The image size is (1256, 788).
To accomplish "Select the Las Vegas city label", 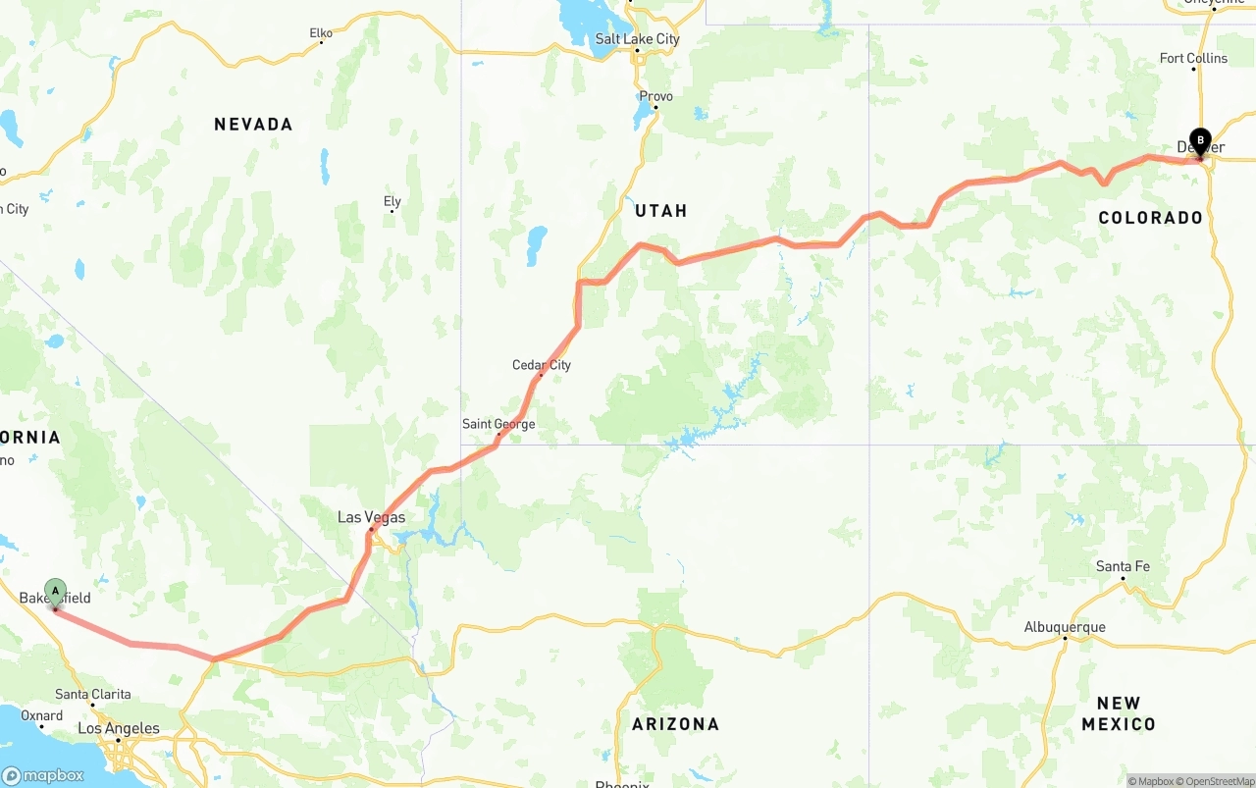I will (371, 517).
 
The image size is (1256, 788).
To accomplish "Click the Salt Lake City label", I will (637, 39).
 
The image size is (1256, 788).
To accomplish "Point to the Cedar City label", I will (541, 365).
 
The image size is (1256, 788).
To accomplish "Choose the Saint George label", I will (498, 424).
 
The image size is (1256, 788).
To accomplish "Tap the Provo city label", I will (655, 96).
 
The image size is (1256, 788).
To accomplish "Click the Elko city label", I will (321, 33).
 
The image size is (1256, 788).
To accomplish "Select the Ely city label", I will (392, 201).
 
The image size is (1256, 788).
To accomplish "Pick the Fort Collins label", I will (1193, 58).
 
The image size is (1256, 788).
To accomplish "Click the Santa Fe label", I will (1123, 566).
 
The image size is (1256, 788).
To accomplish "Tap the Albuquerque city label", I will (1065, 627).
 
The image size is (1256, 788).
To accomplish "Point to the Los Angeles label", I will (119, 728).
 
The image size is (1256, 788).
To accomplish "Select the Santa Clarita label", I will (93, 694).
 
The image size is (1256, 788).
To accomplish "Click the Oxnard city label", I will (41, 715).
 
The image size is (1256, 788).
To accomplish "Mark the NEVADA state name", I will (253, 124).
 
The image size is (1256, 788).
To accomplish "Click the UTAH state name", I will (660, 211).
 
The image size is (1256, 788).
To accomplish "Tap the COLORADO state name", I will (1150, 218).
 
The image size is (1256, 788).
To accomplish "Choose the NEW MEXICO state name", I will (1119, 713).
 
